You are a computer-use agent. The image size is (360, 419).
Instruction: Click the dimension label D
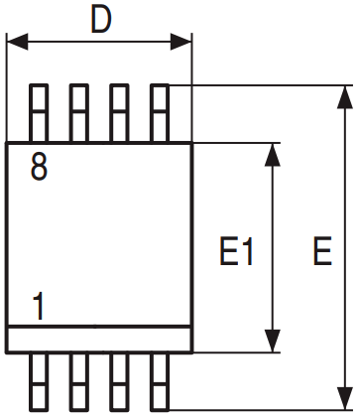tap(100, 19)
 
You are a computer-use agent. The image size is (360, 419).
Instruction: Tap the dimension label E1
tap(237, 252)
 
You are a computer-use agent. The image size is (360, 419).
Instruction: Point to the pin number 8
tap(39, 169)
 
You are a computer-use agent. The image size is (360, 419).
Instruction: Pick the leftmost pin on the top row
tap(40, 113)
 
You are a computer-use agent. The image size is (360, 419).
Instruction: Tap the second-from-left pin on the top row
tap(79, 113)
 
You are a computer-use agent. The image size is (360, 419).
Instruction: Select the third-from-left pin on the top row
tap(119, 113)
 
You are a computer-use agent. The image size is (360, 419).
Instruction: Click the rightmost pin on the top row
tap(159, 113)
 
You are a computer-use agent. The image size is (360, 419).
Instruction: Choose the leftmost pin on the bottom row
tap(40, 379)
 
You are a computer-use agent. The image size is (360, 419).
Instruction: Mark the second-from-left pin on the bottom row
tap(79, 379)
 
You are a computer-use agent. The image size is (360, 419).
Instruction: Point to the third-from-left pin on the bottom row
tap(119, 379)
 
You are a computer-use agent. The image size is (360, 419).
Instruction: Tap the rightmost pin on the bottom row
tap(159, 379)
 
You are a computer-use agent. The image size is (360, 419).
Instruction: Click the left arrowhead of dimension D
tap(15, 43)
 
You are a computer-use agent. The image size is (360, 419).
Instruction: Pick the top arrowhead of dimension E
tap(343, 95)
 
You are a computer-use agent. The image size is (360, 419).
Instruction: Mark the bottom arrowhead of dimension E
tap(343, 399)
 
